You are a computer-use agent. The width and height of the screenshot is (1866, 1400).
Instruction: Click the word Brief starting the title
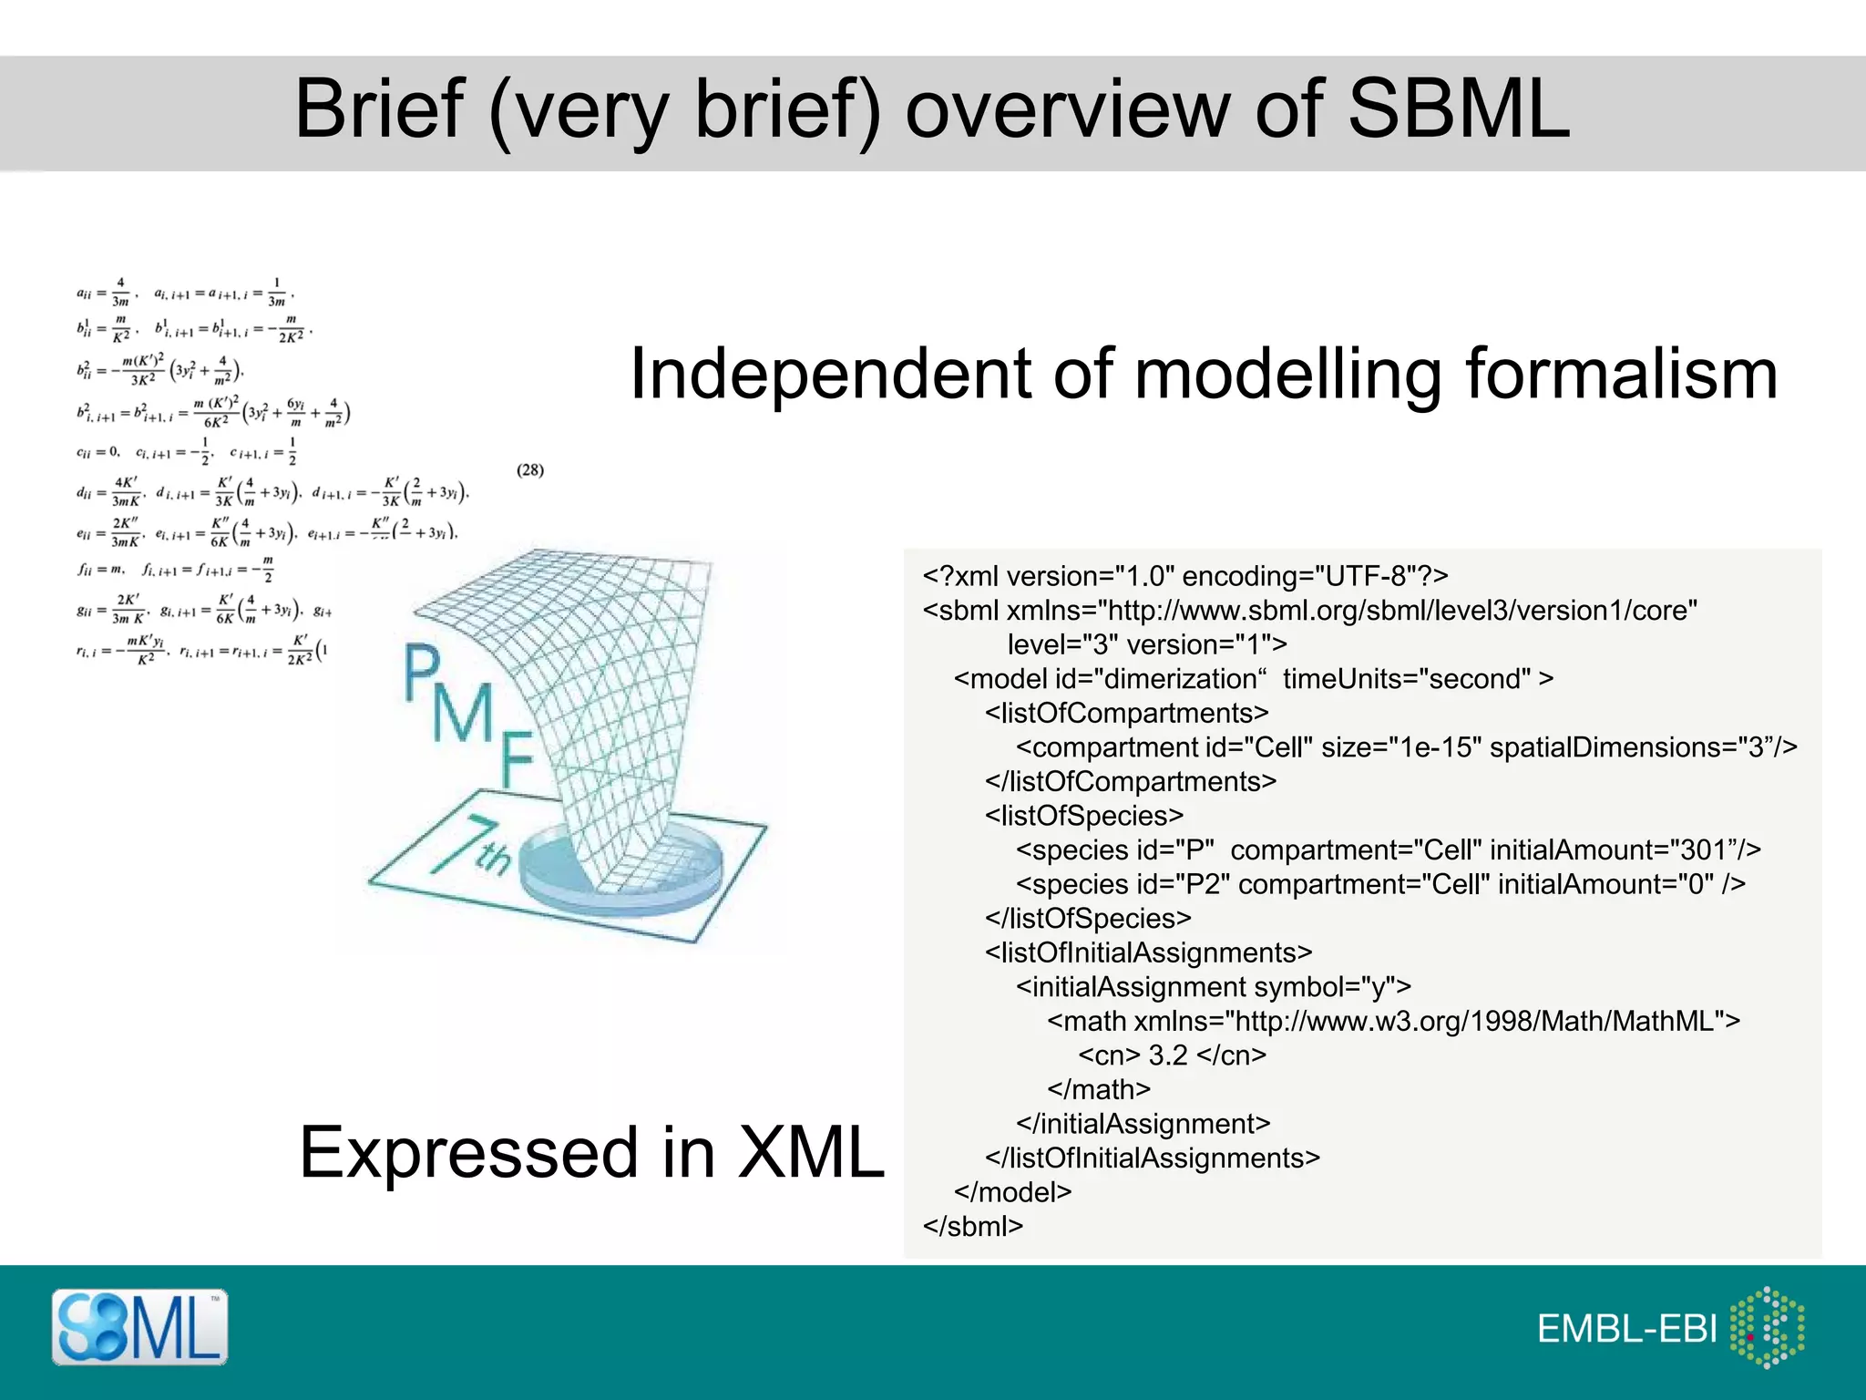(x=380, y=109)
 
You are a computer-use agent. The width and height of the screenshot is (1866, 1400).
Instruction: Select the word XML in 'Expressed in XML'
(x=810, y=1153)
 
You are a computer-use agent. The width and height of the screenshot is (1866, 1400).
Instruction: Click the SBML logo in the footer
(x=139, y=1327)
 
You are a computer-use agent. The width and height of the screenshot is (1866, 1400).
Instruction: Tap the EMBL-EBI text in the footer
(x=1626, y=1330)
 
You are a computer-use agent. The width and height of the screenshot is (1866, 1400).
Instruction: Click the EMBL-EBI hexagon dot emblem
(x=1767, y=1328)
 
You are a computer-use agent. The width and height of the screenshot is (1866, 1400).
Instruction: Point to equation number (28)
(x=529, y=470)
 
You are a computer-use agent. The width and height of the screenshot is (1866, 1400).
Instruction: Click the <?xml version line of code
(x=1184, y=577)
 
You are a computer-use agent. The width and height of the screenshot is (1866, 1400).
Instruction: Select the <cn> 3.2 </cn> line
(x=1172, y=1055)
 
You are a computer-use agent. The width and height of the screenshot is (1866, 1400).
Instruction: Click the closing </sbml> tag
(x=972, y=1227)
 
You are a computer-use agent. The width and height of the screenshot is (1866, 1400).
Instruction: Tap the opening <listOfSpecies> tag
(x=1083, y=816)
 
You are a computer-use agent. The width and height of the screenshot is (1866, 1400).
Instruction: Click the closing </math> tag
(x=1099, y=1090)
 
